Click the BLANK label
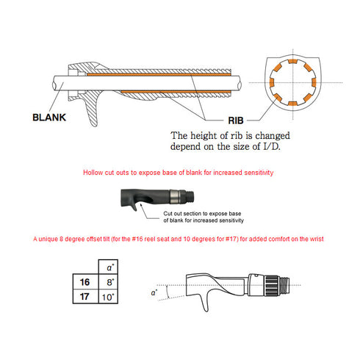point(49,118)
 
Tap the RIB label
point(236,120)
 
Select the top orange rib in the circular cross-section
point(292,61)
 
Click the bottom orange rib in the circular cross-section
point(292,104)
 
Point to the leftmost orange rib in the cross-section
point(272,82)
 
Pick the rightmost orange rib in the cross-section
point(314,82)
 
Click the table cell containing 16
point(85,281)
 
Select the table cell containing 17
point(85,297)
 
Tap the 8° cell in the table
point(108,281)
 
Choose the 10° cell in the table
point(108,297)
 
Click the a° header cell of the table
point(108,267)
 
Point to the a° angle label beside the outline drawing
point(154,292)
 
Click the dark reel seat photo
point(157,198)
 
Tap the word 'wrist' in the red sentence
point(317,239)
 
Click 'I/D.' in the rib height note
point(272,146)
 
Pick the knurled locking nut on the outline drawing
point(271,286)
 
